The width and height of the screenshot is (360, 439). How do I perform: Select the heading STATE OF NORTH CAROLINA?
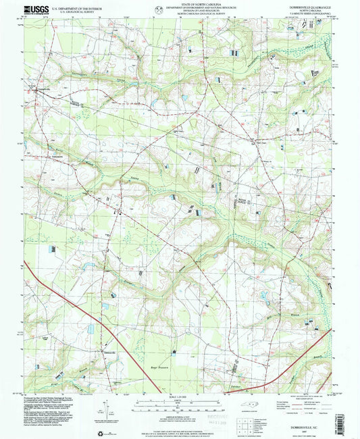[179, 5]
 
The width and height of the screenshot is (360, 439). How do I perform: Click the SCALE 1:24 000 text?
[179, 395]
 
